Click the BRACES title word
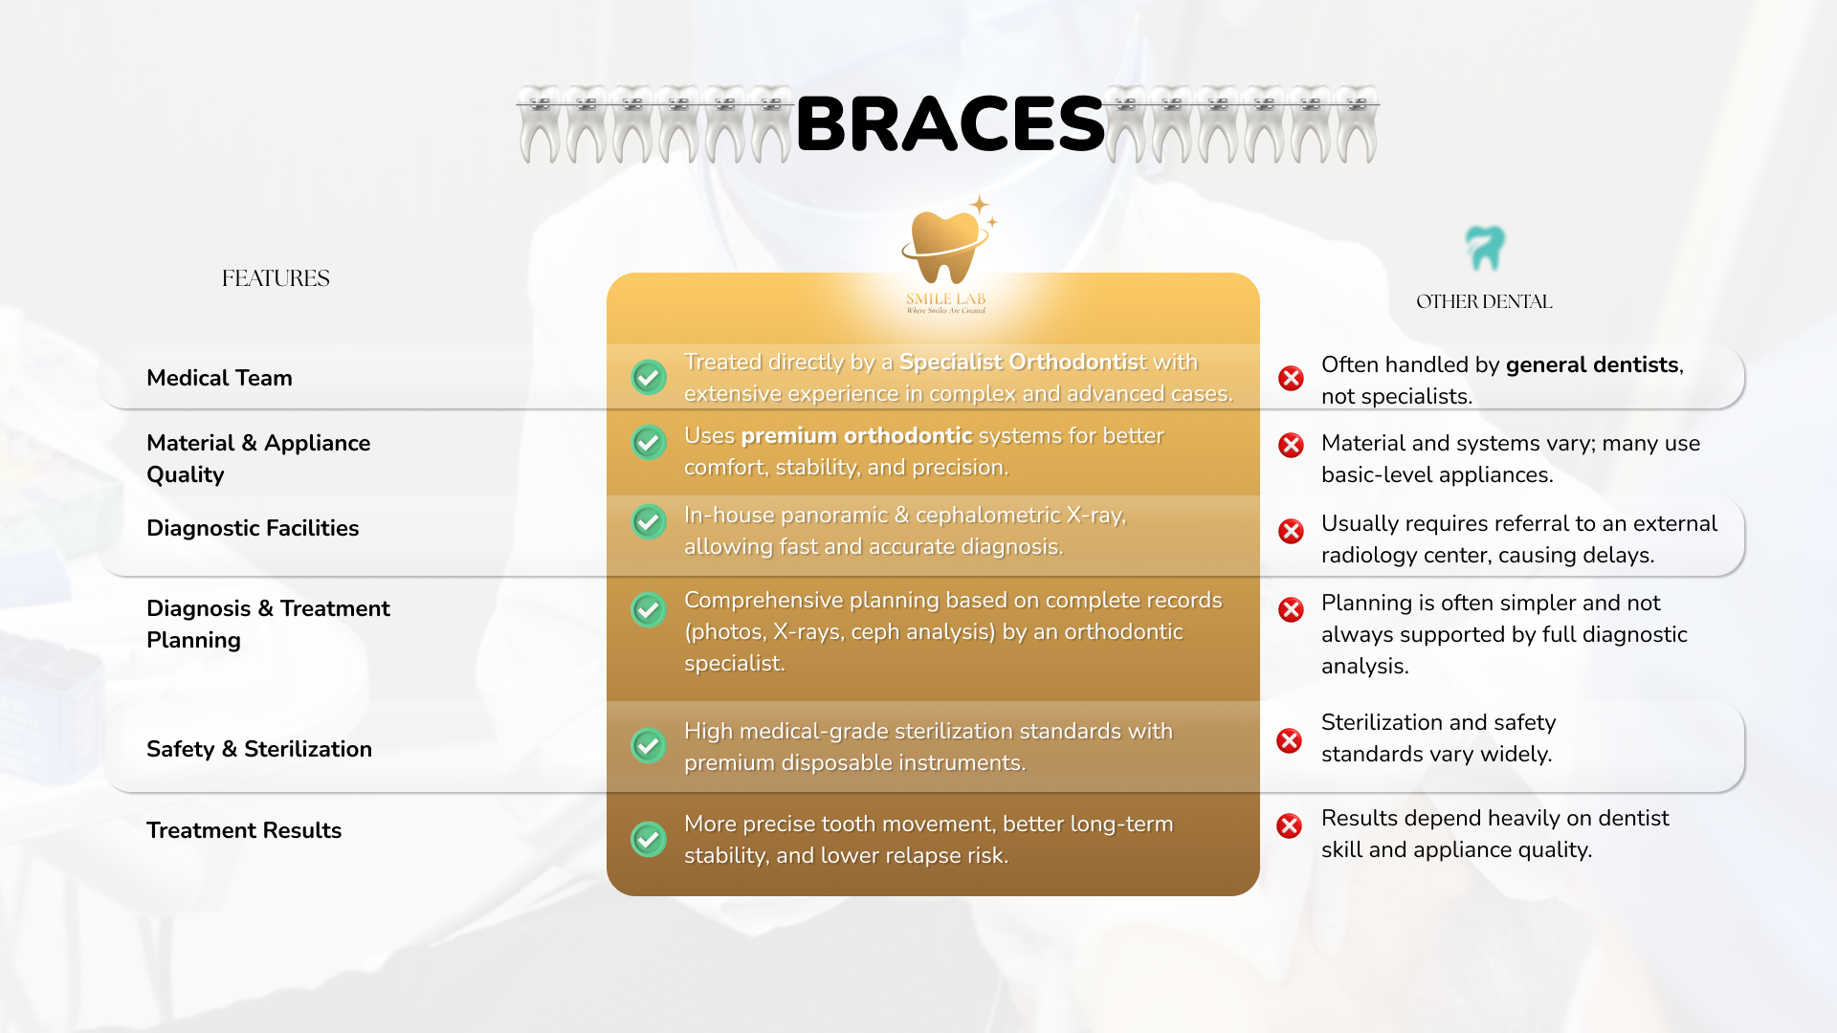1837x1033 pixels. [x=950, y=124]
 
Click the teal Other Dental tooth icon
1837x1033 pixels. [x=1485, y=249]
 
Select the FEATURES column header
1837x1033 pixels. [x=276, y=278]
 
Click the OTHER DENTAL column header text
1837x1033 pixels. [x=1484, y=301]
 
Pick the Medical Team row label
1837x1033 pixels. [x=219, y=378]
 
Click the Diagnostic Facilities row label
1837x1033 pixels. [x=253, y=528]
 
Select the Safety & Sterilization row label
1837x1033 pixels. [x=259, y=749]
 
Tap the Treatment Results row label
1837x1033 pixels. [x=244, y=830]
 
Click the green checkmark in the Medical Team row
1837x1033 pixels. [x=649, y=377]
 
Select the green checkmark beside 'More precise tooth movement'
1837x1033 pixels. [x=649, y=839]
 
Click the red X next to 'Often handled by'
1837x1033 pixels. [x=1291, y=378]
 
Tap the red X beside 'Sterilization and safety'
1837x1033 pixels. [x=1290, y=740]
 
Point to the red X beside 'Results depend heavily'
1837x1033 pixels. [x=1290, y=825]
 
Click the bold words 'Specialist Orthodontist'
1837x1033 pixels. [x=1022, y=363]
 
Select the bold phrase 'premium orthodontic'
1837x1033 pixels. [x=856, y=436]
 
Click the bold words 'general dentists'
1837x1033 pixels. [x=1592, y=365]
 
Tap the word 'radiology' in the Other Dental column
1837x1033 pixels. [x=1370, y=556]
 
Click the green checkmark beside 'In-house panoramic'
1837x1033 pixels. [x=649, y=521]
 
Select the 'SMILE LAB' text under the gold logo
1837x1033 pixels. [x=946, y=299]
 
